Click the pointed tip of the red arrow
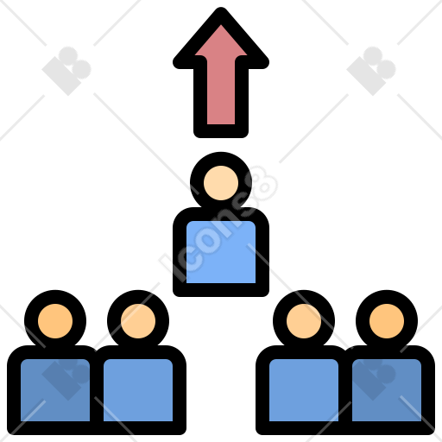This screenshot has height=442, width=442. pos(221,9)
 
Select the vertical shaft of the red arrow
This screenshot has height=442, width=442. pos(221,98)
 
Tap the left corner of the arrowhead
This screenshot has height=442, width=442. pos(174,63)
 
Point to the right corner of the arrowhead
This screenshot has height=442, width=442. pos(268,63)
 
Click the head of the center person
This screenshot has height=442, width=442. pos(221,183)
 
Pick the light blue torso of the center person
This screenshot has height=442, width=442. pos(221,252)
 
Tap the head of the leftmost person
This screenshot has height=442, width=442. pos(55,321)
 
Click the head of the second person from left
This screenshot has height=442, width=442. pos(138,321)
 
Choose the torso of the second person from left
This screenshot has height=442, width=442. pos(138,390)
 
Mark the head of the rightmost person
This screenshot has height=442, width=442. pos(387,321)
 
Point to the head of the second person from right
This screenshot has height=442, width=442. pos(304,321)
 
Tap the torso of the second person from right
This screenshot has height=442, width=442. pos(304,390)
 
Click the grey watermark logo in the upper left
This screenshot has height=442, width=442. pos(66,71)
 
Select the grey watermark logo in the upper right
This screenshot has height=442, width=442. pos(371,71)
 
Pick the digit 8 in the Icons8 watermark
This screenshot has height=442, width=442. pos(262,184)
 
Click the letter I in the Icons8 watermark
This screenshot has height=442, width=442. pos(169,266)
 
